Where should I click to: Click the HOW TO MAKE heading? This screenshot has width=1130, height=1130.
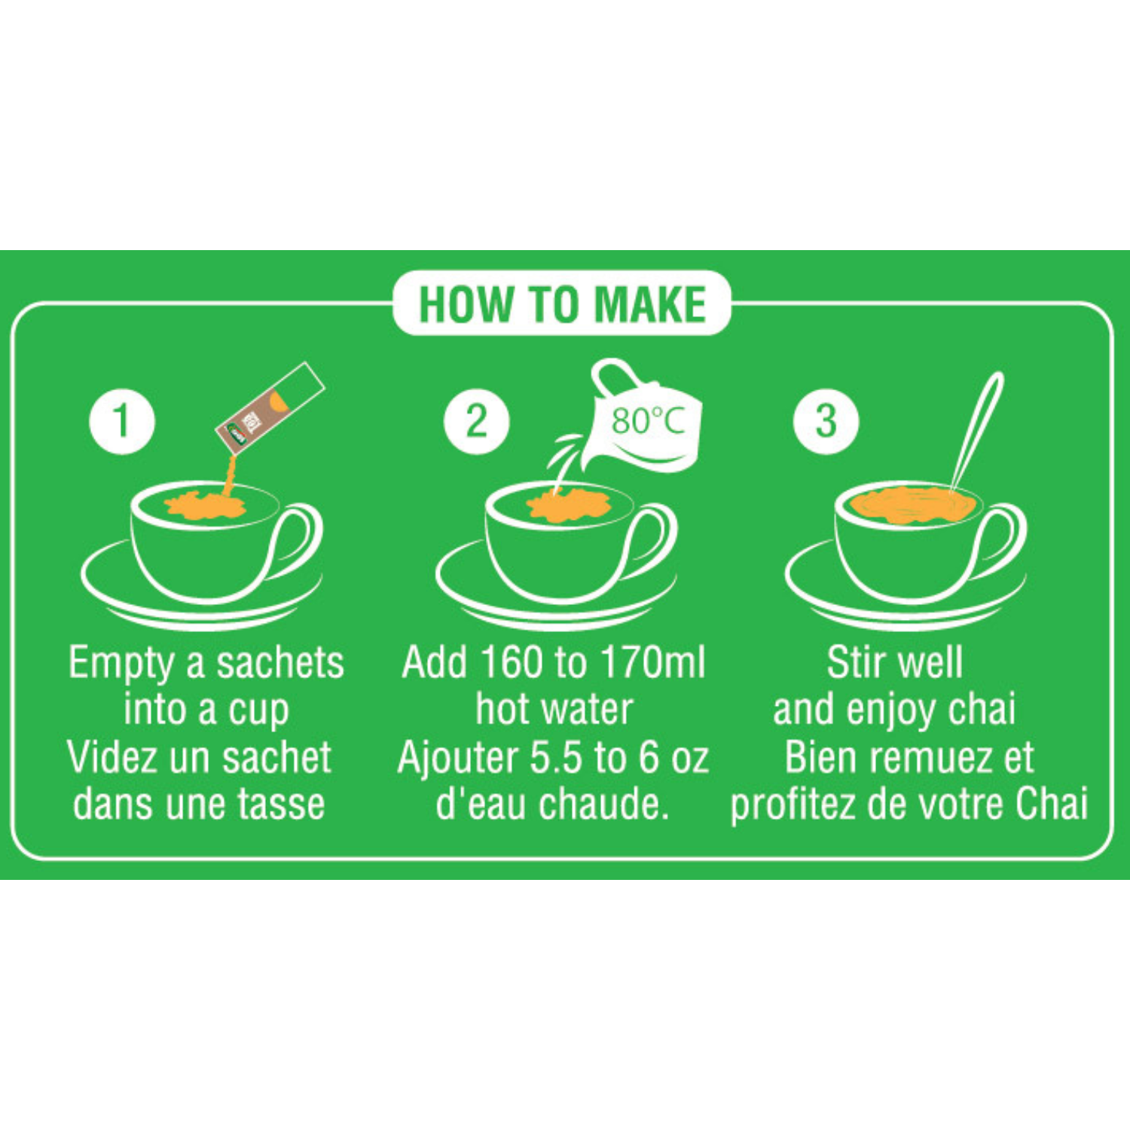coord(562,304)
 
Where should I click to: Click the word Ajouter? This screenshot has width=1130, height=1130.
coord(458,759)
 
